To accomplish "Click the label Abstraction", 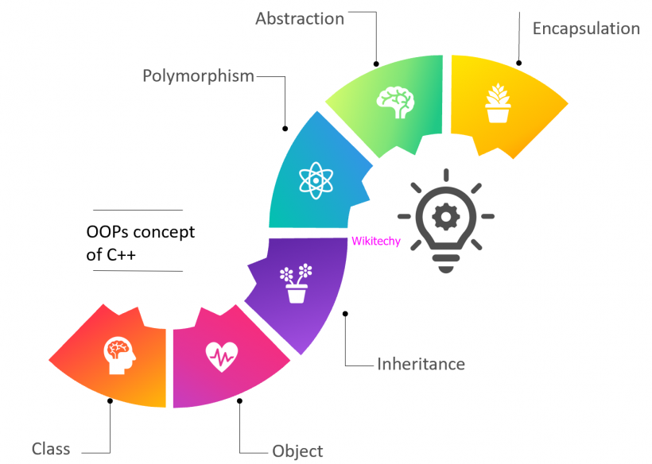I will (300, 18).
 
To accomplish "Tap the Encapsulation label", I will (586, 29).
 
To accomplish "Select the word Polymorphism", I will (198, 76).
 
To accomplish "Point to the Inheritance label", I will (421, 365).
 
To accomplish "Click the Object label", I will (297, 451).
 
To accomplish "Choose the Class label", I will (51, 449).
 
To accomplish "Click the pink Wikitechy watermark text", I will (376, 242).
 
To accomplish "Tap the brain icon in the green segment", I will (395, 100).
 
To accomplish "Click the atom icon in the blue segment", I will (315, 180).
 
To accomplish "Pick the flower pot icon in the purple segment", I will (296, 284).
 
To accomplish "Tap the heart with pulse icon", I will (221, 356).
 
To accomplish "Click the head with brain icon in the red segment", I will (119, 356).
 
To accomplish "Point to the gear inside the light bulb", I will (445, 215).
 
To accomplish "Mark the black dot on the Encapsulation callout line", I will (518, 63).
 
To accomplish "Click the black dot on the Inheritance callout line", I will (345, 314).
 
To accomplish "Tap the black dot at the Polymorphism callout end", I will (285, 128).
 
